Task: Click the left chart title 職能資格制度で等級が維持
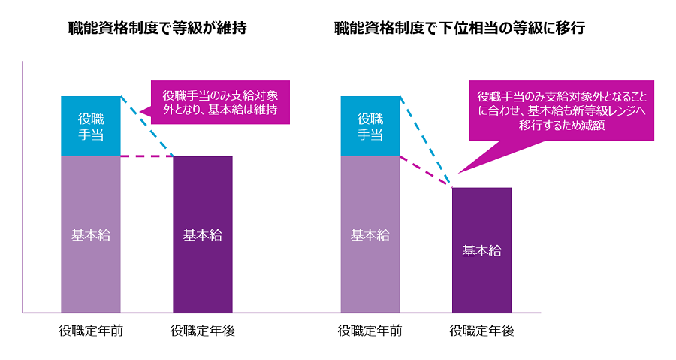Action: tap(157, 29)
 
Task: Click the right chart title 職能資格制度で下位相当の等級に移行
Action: tap(460, 29)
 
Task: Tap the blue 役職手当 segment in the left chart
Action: tap(91, 126)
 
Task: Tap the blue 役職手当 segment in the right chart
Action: tap(370, 126)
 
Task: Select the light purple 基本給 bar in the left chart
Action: tap(91, 234)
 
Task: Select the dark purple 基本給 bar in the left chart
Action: tap(203, 234)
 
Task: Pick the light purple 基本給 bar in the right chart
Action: tap(370, 234)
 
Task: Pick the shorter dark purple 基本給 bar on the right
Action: tap(481, 250)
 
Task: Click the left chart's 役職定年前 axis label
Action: tap(91, 331)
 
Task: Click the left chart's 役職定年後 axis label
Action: tap(203, 331)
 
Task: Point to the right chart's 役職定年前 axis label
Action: tap(370, 331)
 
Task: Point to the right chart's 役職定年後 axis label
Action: tap(481, 331)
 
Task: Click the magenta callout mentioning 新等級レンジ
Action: tap(561, 111)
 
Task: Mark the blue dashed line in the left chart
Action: tap(147, 126)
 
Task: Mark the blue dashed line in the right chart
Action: tap(426, 141)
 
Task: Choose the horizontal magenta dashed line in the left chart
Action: tap(146, 156)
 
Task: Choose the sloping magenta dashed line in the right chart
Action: tap(426, 171)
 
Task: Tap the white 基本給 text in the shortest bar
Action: tap(481, 251)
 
